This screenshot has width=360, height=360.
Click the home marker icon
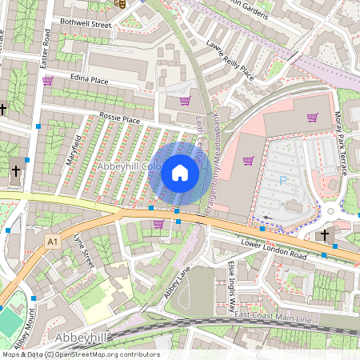[x=179, y=172]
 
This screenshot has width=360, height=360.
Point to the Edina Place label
[x=89, y=80]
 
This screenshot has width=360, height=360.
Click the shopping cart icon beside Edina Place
[x=48, y=81]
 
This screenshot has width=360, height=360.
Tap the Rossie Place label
[x=120, y=119]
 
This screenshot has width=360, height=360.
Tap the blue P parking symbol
[x=282, y=181]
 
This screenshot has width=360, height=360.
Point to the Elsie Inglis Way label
[x=232, y=283]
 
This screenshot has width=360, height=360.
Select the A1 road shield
[x=53, y=241]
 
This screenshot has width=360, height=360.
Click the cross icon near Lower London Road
[x=324, y=235]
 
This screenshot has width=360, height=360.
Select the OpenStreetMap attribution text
[x=81, y=354]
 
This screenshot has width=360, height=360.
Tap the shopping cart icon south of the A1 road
[x=158, y=224]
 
